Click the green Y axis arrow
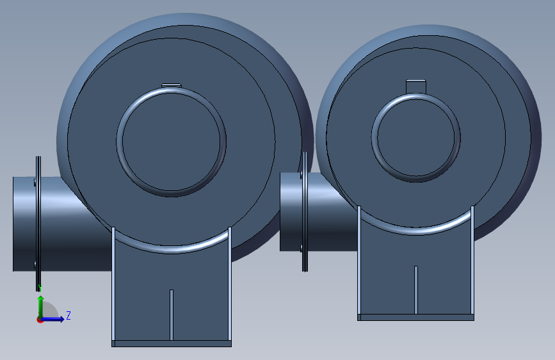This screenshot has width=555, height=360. tap(41, 306)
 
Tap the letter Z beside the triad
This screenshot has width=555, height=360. tap(68, 315)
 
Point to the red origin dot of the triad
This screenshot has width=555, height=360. tap(40, 320)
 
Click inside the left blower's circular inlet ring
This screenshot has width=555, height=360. tap(172, 142)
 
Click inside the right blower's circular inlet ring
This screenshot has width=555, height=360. tap(416, 138)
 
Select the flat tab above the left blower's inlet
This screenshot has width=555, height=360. tap(172, 85)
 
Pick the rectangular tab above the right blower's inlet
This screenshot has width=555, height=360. tap(416, 87)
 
